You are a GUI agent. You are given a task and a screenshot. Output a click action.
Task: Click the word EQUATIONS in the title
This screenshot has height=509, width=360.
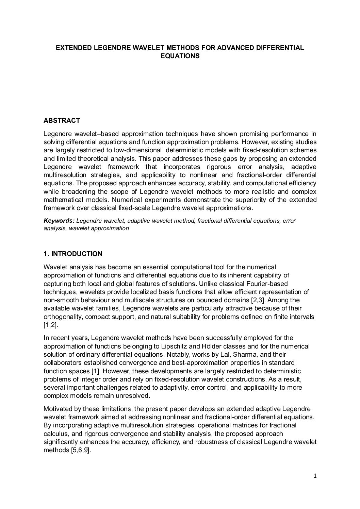(x=180, y=56)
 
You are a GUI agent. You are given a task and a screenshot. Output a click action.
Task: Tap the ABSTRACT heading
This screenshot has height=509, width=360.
(x=62, y=120)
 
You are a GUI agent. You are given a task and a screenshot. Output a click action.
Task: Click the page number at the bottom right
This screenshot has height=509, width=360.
(x=315, y=476)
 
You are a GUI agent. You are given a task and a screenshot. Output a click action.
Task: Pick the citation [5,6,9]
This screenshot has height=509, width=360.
(x=80, y=450)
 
